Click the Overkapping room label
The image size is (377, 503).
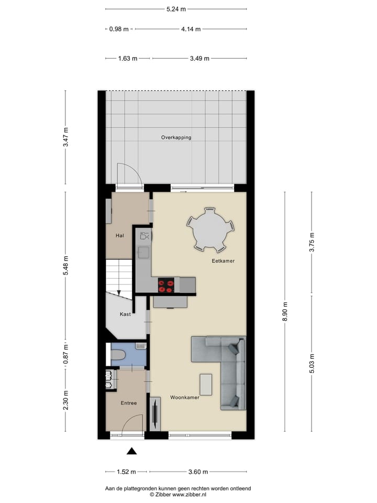[176, 138]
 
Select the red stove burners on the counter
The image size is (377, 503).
[167, 286]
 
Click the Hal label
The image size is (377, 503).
[120, 236]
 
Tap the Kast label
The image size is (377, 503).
[125, 314]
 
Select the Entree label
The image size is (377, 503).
[128, 403]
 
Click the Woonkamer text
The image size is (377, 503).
[184, 398]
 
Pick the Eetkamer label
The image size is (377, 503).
[223, 260]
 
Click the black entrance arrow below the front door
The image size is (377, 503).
[132, 451]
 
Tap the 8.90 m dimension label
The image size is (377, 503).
[285, 311]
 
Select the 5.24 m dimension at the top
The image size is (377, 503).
[176, 9]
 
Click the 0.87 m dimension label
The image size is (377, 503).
[66, 354]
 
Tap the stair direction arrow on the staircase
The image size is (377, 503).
[119, 291]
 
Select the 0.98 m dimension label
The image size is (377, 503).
[119, 29]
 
